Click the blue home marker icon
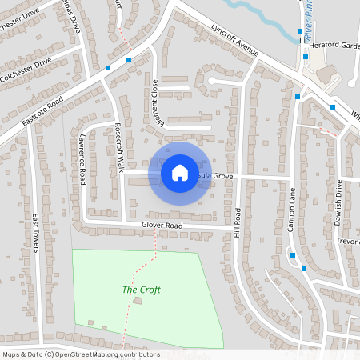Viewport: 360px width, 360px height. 180,172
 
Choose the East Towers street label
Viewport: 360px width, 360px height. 36,232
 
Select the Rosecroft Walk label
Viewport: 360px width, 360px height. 119,148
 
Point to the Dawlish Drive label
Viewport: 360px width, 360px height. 338,200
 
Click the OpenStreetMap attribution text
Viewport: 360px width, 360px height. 80,354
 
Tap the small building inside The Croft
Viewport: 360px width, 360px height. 138,301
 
